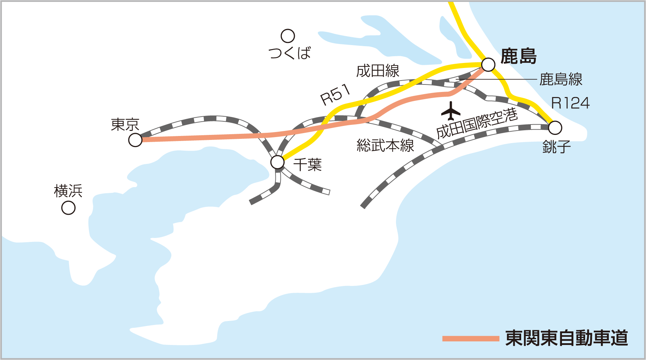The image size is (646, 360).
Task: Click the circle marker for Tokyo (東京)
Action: (x=135, y=140)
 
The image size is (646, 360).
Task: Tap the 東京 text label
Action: (x=125, y=125)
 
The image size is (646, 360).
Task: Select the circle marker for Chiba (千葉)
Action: (x=278, y=162)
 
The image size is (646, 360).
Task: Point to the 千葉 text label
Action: (x=308, y=165)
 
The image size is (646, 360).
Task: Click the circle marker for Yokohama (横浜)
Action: (x=68, y=208)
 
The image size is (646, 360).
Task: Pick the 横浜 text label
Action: (x=68, y=191)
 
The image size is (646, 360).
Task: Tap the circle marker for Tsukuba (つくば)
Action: (x=288, y=36)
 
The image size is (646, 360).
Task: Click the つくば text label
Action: (x=290, y=53)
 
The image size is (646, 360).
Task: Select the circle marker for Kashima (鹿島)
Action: (x=488, y=65)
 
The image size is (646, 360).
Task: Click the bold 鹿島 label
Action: (x=518, y=56)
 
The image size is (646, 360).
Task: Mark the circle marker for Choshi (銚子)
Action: (x=555, y=128)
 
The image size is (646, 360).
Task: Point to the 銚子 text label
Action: (x=556, y=147)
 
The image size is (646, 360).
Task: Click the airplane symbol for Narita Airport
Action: (x=451, y=111)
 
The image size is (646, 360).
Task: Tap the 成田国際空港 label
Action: (x=477, y=123)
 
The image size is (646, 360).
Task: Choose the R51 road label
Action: (x=335, y=94)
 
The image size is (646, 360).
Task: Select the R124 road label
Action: (x=570, y=103)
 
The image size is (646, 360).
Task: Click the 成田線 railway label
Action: (x=378, y=71)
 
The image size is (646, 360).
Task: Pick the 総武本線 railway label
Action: (x=385, y=145)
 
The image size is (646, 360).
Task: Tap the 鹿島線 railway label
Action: (x=561, y=79)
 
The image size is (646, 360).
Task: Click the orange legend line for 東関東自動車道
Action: (x=471, y=339)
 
